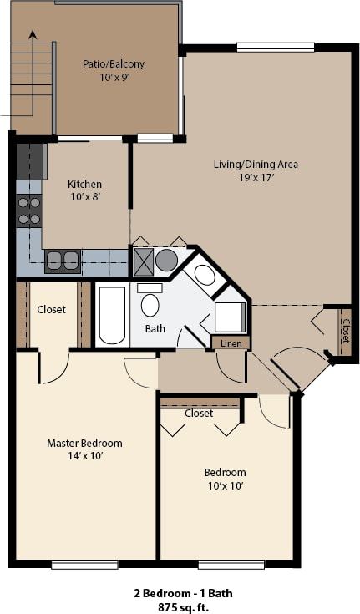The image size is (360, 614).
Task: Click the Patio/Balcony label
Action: coord(113,63)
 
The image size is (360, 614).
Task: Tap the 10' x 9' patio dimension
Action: coord(113,77)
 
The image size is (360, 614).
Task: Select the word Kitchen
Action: coord(84,184)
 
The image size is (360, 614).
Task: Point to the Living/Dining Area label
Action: coord(256,164)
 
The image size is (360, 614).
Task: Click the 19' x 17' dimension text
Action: coord(256,177)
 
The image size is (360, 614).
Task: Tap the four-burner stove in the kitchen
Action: coord(29,211)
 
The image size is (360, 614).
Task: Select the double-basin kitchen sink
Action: coord(63,261)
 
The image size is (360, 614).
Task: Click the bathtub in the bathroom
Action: coord(112,315)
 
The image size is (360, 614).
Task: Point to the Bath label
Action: coord(155,328)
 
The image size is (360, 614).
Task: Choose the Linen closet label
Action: coord(231,343)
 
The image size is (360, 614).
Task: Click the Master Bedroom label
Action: coord(84,443)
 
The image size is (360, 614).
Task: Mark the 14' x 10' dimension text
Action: coord(84,456)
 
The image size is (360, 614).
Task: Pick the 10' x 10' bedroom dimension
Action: coord(225,485)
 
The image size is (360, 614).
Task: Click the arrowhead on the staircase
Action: coord(33,35)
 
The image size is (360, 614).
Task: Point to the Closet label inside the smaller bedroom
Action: coord(199,413)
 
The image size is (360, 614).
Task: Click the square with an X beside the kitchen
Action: coord(143,260)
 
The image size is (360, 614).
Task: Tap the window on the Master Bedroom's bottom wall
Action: coord(84,565)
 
